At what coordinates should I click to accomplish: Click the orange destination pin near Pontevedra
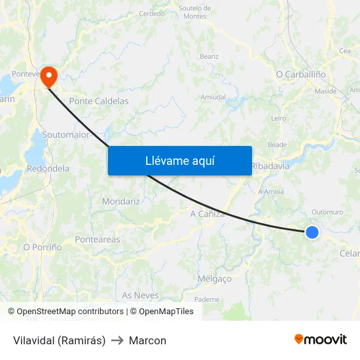(x=49, y=77)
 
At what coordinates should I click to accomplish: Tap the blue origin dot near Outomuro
(x=312, y=232)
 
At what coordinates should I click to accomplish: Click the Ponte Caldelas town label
(x=99, y=101)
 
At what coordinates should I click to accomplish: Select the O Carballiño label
(x=301, y=75)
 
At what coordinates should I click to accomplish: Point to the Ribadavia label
(x=270, y=166)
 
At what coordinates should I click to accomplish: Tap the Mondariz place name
(x=121, y=202)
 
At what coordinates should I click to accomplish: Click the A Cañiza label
(x=207, y=214)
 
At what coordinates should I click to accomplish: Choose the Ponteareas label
(x=98, y=240)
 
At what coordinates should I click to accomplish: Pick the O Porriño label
(x=43, y=247)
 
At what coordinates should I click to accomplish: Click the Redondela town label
(x=48, y=168)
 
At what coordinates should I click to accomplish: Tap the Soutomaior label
(x=65, y=134)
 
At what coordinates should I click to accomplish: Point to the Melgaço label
(x=214, y=279)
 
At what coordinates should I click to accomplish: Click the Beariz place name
(x=209, y=57)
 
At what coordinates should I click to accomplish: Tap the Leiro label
(x=279, y=118)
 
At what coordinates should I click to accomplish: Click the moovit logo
(x=320, y=339)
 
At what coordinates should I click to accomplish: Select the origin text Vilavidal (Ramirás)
(x=59, y=340)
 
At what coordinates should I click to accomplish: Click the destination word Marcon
(x=147, y=340)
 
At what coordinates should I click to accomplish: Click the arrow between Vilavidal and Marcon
(x=117, y=340)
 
